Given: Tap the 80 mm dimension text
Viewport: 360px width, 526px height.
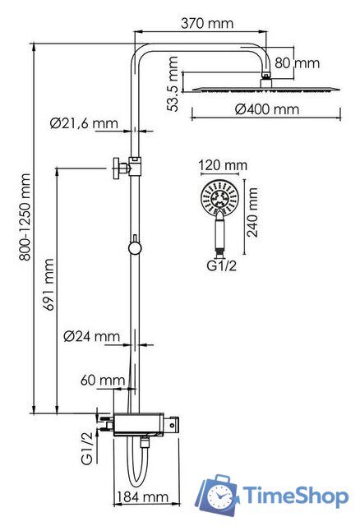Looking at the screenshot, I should pos(296,63).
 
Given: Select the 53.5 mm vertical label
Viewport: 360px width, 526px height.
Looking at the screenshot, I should pos(172,82).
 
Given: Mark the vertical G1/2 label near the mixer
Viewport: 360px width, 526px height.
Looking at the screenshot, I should pos(87,448).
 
